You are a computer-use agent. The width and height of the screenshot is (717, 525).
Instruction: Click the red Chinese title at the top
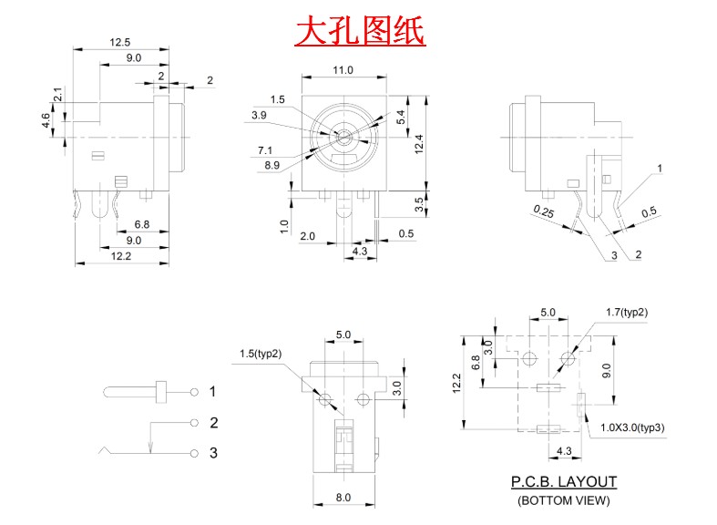pos(360,31)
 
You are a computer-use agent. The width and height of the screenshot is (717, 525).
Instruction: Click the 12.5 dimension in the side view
pos(120,43)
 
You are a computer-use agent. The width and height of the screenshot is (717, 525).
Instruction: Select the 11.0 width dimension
pos(343,70)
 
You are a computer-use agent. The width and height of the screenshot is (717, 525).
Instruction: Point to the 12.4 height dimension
pos(419,144)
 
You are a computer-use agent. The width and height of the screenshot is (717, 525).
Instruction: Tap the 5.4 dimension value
pos(401,117)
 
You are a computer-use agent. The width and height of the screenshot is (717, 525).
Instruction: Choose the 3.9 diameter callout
pos(259,115)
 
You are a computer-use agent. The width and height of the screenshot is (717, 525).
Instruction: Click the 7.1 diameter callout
pos(265,150)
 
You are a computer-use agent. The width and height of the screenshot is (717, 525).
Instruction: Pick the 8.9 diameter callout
pos(271,165)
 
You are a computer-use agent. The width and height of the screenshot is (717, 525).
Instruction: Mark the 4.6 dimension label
pos(46,120)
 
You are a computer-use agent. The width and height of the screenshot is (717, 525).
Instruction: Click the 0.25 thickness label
pos(544,211)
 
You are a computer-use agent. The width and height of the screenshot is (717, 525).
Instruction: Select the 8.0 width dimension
pos(343,497)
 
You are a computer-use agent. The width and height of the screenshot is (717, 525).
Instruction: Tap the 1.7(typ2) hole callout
pos(627,313)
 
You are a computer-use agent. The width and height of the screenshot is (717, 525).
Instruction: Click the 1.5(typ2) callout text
pos(261,354)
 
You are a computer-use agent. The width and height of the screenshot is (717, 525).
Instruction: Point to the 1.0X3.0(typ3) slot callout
pos(632,427)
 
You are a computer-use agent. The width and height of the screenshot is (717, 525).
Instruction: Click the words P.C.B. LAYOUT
pos(564,481)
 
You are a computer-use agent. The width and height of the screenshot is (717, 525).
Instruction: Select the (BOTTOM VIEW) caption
pos(564,500)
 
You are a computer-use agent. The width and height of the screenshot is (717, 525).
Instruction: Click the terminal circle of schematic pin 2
pos(194,423)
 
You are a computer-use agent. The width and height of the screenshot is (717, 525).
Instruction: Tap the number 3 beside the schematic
pos(213,453)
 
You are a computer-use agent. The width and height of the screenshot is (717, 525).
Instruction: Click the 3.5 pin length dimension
pos(419,204)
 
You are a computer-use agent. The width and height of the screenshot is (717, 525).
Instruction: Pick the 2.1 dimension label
pos(58,95)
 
